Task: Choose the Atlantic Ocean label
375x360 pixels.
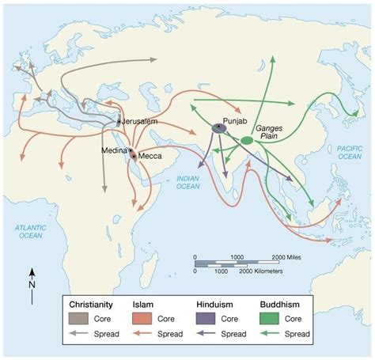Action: tap(31, 230)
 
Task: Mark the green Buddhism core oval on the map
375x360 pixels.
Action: tap(247, 141)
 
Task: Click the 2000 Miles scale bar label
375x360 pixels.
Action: tap(286, 258)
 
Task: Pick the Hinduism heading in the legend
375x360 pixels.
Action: tap(217, 303)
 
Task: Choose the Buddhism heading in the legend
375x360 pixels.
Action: tap(282, 303)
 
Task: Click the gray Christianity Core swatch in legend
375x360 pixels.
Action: tap(80, 318)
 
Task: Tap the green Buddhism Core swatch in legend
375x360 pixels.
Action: tap(270, 318)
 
